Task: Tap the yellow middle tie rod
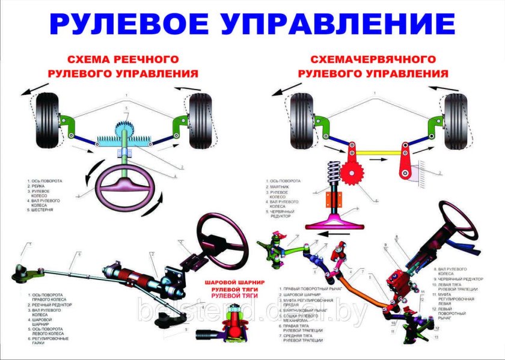[x=379, y=152]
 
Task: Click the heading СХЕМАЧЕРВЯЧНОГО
[x=373, y=59]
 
